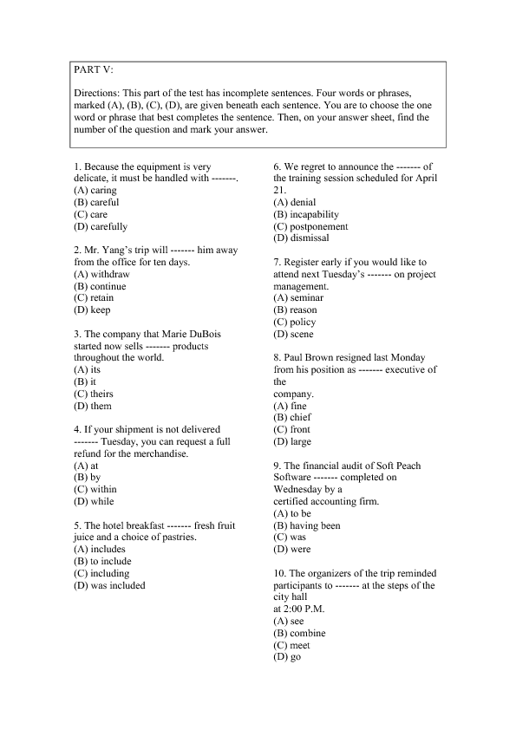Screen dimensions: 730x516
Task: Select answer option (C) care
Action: coord(91,214)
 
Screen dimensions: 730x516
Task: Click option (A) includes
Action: coord(100,549)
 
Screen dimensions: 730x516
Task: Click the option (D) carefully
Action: coord(101,226)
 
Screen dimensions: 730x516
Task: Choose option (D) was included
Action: coord(109,584)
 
